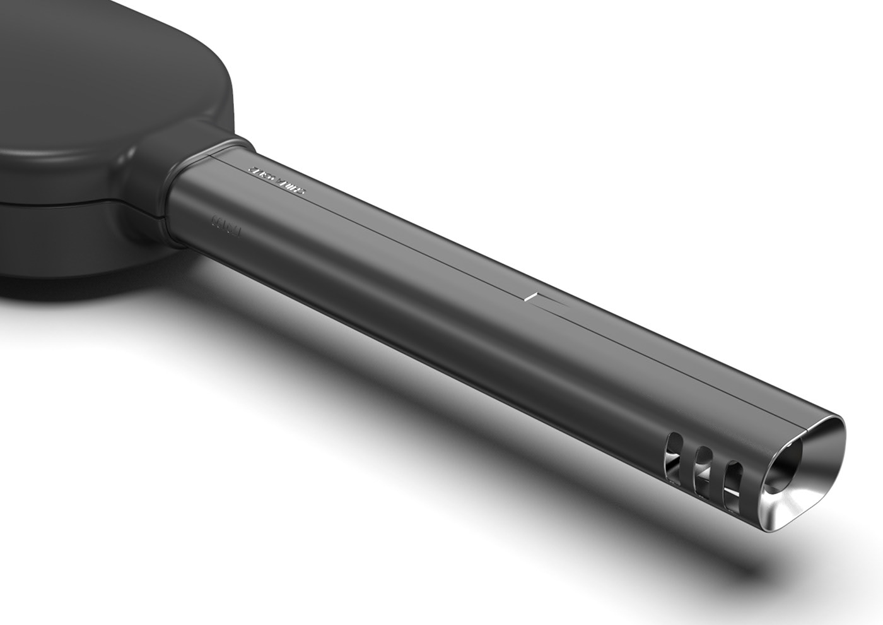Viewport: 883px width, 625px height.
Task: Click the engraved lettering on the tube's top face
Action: coord(277,181)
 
